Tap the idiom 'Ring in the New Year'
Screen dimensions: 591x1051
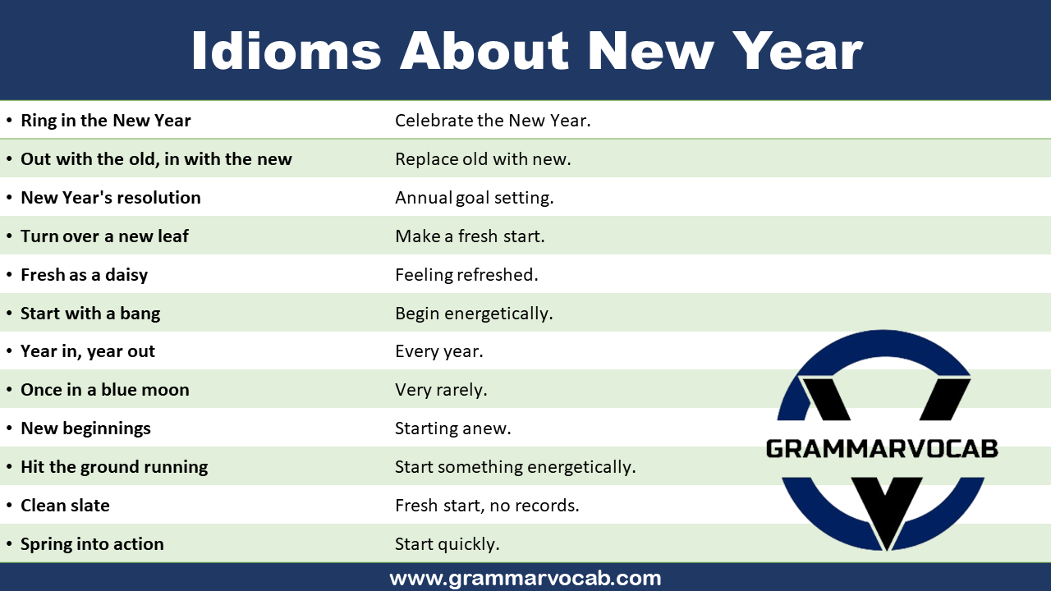click(x=105, y=121)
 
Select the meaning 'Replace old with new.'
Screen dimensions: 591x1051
click(x=483, y=159)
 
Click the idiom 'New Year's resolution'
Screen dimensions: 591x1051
click(x=110, y=198)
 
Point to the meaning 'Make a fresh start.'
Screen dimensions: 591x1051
click(x=470, y=236)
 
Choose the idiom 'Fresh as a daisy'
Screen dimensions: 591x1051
click(x=84, y=275)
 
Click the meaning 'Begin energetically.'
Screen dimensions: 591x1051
click(x=474, y=314)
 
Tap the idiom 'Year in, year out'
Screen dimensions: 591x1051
click(x=87, y=351)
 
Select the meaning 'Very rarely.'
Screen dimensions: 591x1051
click(x=441, y=390)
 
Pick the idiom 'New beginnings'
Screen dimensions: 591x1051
click(x=85, y=428)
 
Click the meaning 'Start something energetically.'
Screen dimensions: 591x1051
click(x=515, y=467)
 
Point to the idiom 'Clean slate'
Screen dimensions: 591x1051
click(x=65, y=506)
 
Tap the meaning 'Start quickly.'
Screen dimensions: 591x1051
click(x=447, y=544)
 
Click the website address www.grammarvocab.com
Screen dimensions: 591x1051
click(x=525, y=578)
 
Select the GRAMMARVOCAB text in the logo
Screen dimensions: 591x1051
click(x=881, y=449)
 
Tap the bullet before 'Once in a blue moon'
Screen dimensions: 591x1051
click(x=9, y=390)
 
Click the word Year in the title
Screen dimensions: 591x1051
click(x=797, y=51)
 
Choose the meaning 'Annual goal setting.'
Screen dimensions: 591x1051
click(x=474, y=198)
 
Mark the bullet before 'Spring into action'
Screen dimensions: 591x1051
click(x=9, y=544)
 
